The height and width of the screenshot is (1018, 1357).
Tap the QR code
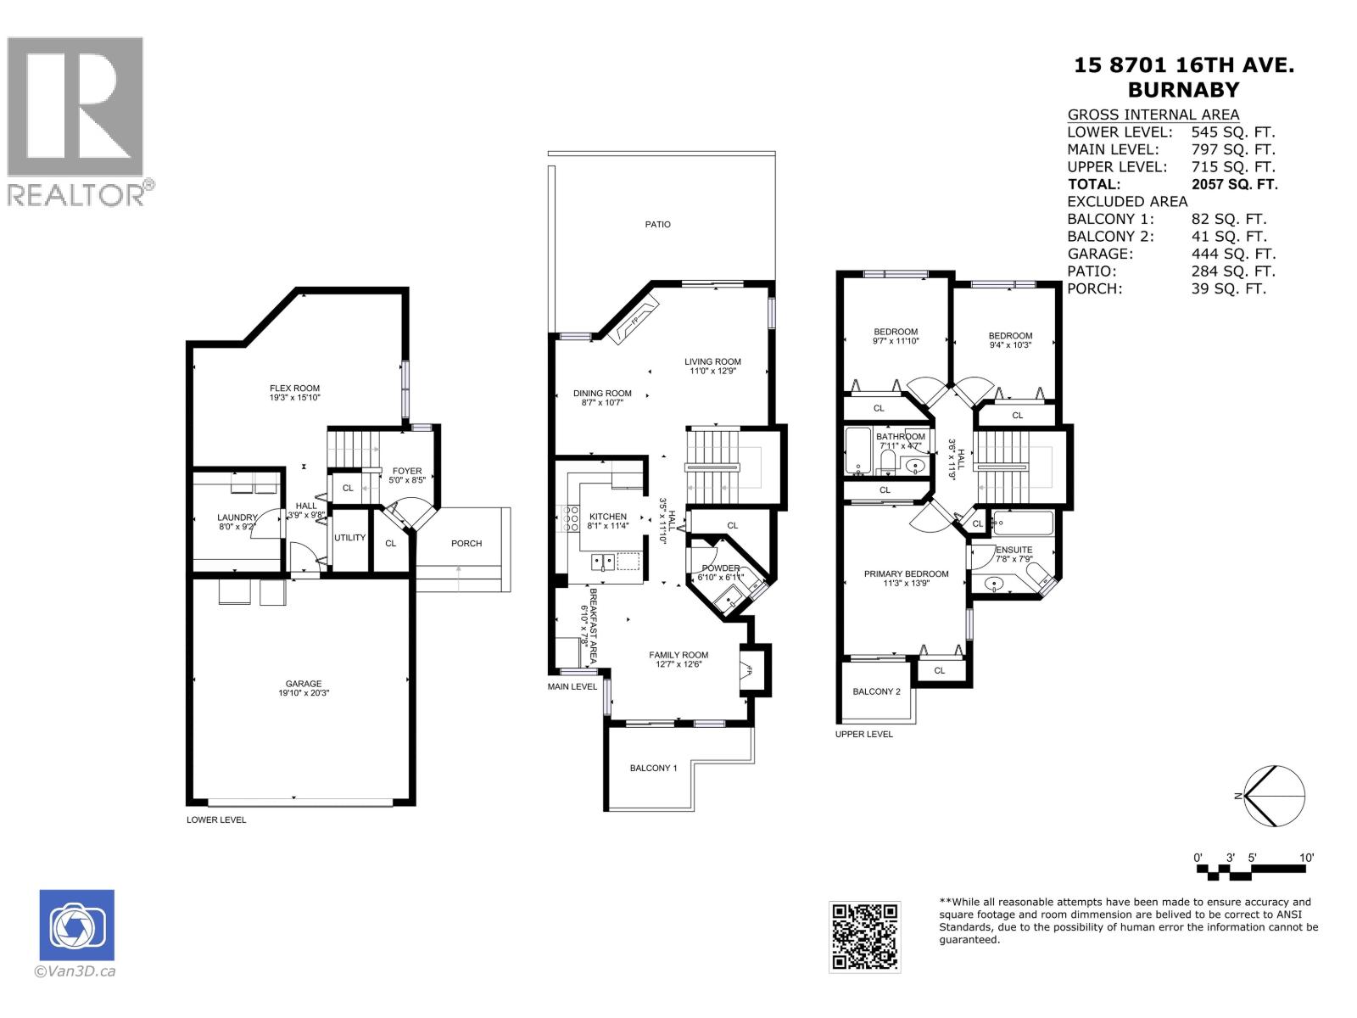click(x=864, y=937)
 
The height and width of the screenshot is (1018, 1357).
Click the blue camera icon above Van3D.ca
click(x=76, y=926)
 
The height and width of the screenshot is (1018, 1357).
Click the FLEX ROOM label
click(x=294, y=388)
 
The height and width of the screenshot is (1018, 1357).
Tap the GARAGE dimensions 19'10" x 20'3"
click(x=303, y=693)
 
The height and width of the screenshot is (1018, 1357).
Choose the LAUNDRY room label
click(x=237, y=517)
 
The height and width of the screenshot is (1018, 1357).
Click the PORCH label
click(x=466, y=543)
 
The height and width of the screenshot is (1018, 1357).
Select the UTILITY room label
click(x=349, y=538)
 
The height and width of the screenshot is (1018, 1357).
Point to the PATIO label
click(x=657, y=225)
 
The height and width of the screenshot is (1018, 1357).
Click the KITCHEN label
click(x=607, y=516)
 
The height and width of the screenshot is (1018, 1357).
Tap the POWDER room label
click(x=720, y=568)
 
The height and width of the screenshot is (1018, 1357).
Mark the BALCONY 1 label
click(x=653, y=769)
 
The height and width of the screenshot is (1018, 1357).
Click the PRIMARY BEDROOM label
click(x=906, y=574)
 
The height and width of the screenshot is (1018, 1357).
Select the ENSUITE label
click(x=1014, y=550)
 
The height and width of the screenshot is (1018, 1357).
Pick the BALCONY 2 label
click(x=876, y=692)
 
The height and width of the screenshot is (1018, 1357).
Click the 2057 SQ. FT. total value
click(x=1234, y=184)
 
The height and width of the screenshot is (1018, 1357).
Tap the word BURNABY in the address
click(x=1183, y=89)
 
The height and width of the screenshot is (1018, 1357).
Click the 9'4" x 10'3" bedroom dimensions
click(x=1010, y=345)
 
